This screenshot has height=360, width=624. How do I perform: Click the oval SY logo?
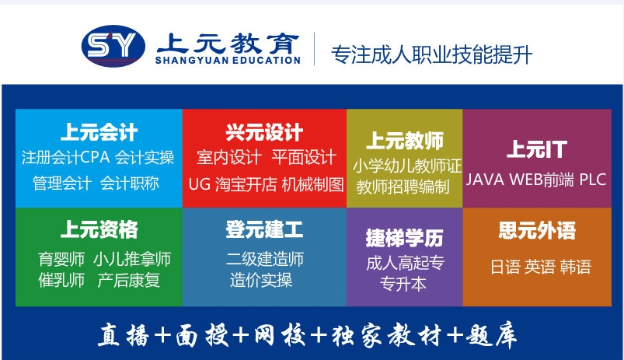pos(113,46)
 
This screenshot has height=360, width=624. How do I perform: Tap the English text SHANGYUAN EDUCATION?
pos(228,61)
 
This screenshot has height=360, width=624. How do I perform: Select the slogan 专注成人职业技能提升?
pos(431,54)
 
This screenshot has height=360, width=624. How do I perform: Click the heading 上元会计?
pos(99,132)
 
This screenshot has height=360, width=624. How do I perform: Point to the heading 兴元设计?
pos(264,132)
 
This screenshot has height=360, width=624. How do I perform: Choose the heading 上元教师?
pos(404,141)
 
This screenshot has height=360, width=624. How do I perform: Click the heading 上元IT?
pos(537,149)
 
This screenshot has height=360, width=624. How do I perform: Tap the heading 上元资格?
pos(99,229)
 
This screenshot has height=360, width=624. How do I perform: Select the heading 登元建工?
pos(264,229)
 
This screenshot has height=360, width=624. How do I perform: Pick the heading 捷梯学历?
pos(404,238)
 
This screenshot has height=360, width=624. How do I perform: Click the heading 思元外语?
pos(537,230)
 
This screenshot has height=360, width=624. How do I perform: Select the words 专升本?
pos(403,284)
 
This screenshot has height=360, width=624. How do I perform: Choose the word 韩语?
pos(576,267)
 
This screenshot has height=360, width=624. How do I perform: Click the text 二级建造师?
pos(265,259)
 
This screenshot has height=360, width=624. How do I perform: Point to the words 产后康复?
pos(128,281)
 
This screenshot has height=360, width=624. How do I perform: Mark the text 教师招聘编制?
pos(403,187)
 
